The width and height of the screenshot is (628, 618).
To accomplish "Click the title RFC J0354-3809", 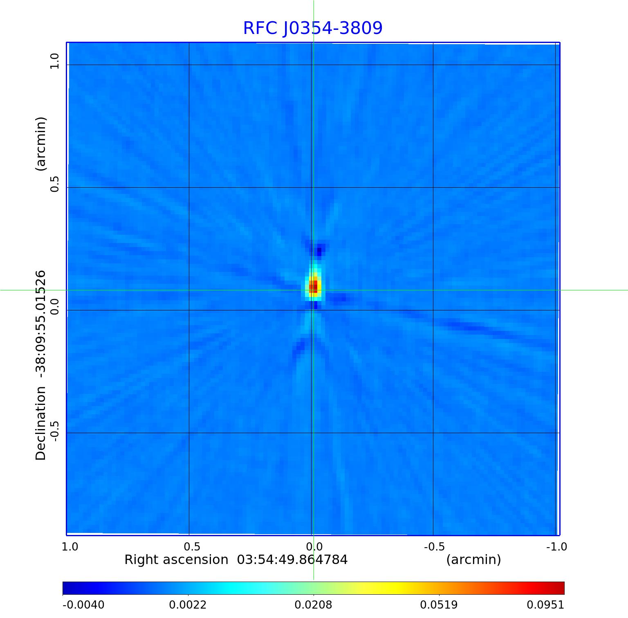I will click(313, 28).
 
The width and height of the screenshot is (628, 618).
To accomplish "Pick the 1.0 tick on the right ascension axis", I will click(70, 546).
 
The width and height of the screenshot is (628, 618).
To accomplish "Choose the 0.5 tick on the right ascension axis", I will click(192, 546).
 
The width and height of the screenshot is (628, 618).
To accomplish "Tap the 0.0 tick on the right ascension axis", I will click(314, 546).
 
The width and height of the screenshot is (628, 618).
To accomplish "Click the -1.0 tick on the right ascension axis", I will click(556, 546).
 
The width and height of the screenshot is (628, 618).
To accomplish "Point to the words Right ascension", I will click(176, 560).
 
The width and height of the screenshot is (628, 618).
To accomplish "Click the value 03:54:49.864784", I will click(292, 560).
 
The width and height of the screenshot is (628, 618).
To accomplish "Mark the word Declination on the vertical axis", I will click(41, 423).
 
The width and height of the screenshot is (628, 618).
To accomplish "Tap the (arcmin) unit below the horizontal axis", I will click(473, 560).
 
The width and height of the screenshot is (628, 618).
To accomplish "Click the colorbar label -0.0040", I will click(83, 605).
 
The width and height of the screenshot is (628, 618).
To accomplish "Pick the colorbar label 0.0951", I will click(545, 605).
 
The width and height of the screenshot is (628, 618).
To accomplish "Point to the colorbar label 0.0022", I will click(188, 605).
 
